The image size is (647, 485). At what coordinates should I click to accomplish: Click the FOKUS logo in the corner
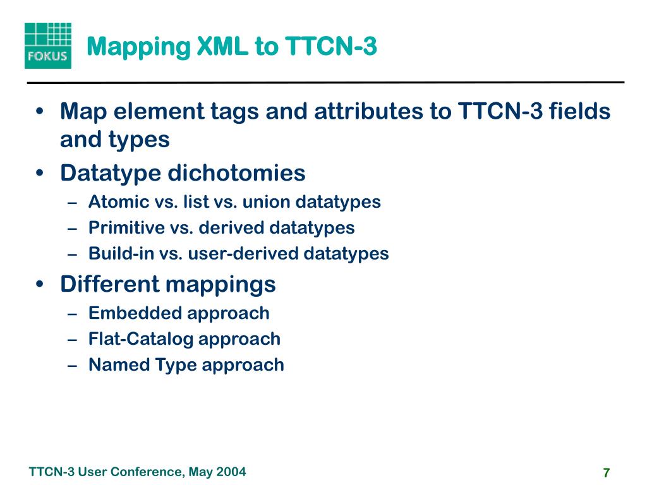47,45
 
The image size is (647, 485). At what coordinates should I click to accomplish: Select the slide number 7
607,473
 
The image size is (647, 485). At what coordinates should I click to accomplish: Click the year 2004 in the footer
231,472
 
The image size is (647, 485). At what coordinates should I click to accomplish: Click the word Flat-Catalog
141,338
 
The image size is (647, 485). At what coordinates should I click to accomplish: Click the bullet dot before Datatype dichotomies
40,173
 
